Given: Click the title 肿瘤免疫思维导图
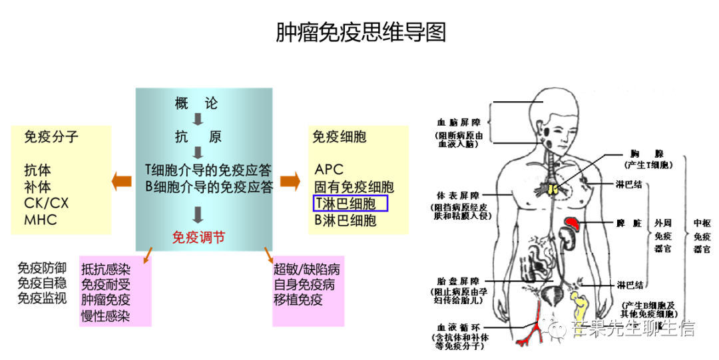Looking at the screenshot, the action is click(x=360, y=31).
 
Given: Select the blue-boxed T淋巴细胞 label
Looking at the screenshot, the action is click(x=350, y=203).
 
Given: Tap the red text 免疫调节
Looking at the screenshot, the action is click(x=198, y=237).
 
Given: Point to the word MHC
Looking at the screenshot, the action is click(x=41, y=220).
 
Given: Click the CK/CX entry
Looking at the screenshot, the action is click(x=47, y=203).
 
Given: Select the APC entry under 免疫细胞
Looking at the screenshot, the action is click(x=329, y=170).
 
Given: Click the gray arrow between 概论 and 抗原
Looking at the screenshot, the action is click(x=198, y=120).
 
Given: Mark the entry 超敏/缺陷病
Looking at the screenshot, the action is click(x=307, y=270).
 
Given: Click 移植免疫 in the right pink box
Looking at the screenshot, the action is click(x=298, y=299).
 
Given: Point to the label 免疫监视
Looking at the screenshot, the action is click(x=42, y=298).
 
